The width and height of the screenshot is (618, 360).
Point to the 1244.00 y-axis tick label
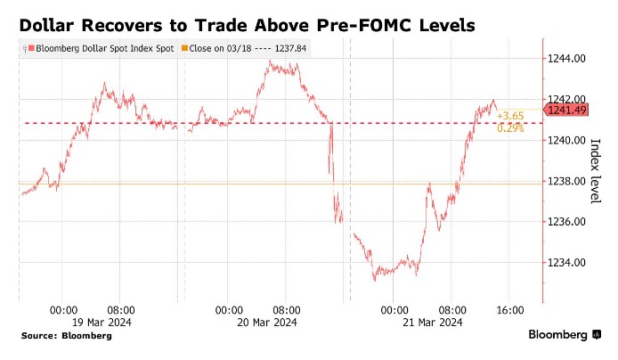[566, 58]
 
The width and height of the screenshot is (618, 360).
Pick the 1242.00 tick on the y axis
[566, 99]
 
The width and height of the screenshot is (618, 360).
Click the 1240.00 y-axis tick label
[566, 140]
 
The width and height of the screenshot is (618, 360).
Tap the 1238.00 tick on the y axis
[566, 181]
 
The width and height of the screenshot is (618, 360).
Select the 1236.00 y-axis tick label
[566, 222]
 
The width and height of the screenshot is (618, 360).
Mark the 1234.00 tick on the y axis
[566, 263]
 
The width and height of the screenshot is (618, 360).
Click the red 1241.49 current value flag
[566, 110]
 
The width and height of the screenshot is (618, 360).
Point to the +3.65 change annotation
[511, 116]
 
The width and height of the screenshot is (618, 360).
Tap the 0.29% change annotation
[510, 128]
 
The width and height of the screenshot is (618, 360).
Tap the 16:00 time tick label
[508, 309]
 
